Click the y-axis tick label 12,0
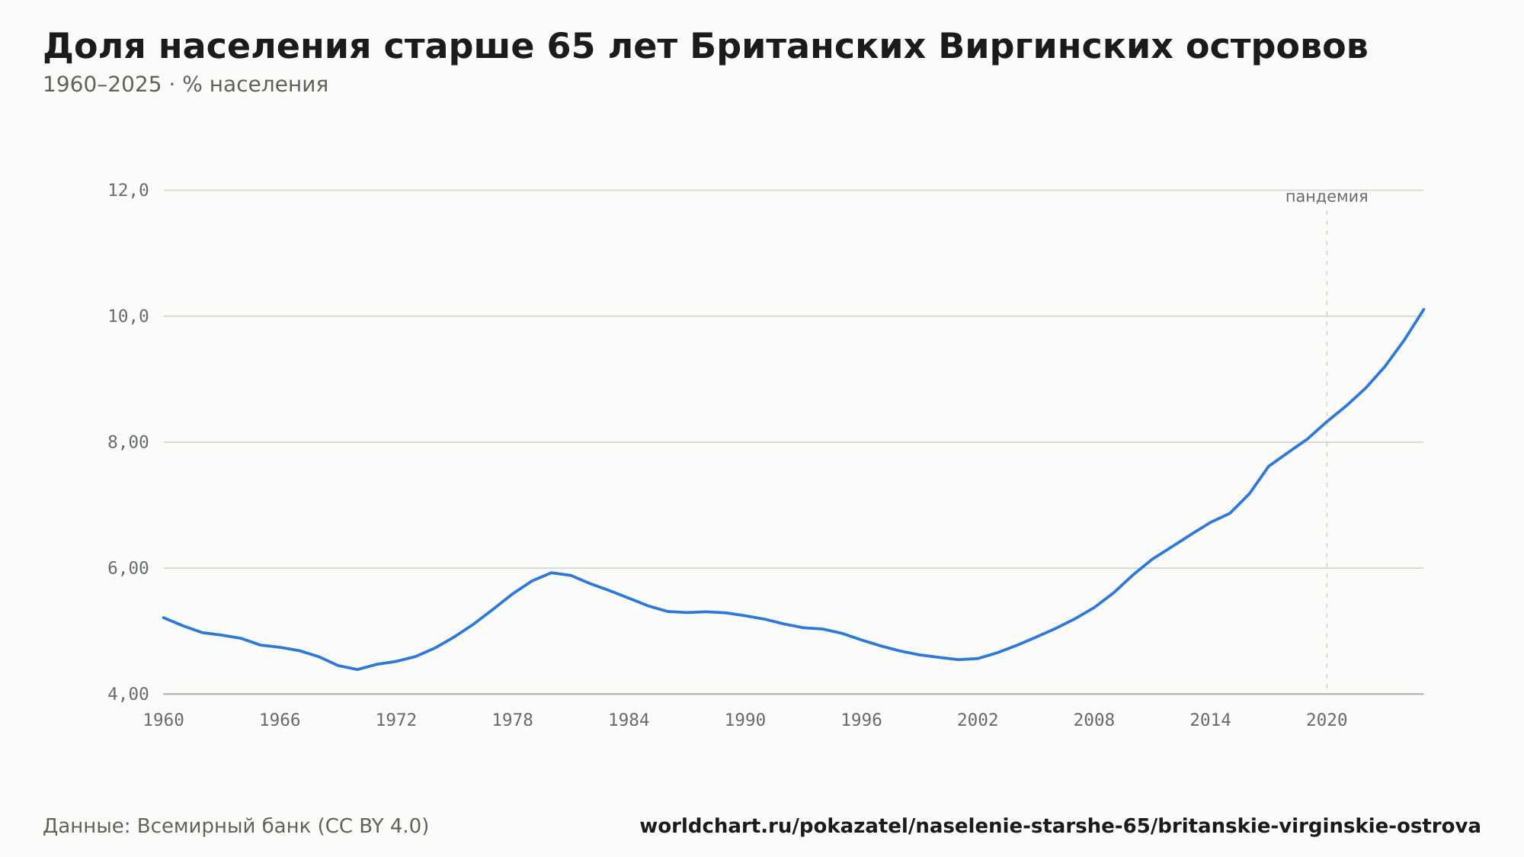(128, 191)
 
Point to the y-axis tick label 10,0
(128, 316)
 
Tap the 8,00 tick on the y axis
(128, 442)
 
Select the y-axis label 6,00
(128, 568)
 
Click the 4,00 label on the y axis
(128, 694)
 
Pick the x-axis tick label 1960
(164, 721)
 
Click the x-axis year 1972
(396, 721)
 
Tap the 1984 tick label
(629, 721)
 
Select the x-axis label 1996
(861, 721)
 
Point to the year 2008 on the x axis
(1094, 721)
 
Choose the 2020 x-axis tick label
(1327, 721)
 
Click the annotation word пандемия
(1327, 197)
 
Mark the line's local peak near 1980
(551, 573)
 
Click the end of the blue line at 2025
(1423, 309)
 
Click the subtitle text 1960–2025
(102, 85)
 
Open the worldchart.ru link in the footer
(1060, 826)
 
